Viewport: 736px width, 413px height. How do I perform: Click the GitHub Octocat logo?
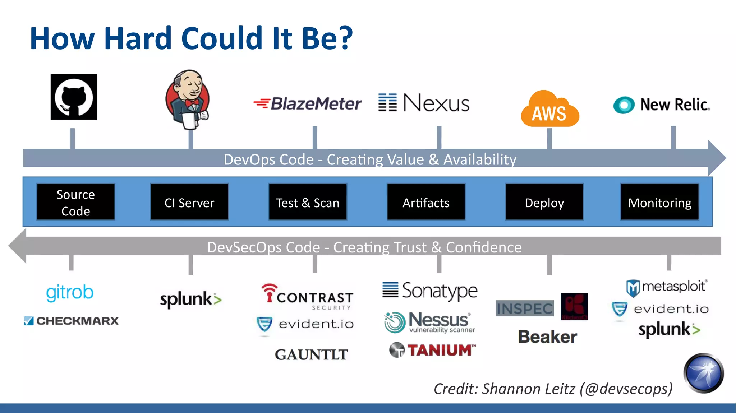tap(74, 97)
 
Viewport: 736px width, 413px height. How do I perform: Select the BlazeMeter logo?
tap(308, 104)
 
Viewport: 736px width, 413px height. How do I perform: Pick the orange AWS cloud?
tap(549, 110)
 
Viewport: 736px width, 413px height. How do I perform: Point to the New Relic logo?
tap(661, 105)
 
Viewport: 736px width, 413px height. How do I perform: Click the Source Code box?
tap(76, 202)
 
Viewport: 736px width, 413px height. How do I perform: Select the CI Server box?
tap(189, 202)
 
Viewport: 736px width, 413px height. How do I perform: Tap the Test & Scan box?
tap(308, 202)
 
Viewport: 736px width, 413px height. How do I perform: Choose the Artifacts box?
tap(426, 202)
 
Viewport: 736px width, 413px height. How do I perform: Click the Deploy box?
tap(544, 202)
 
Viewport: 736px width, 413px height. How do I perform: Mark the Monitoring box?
tap(659, 202)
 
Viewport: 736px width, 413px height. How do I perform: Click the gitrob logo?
tap(70, 292)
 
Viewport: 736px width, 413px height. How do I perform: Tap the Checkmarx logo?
tap(72, 321)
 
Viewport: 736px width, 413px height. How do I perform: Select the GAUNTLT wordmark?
tap(311, 354)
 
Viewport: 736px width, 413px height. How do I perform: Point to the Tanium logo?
tap(432, 350)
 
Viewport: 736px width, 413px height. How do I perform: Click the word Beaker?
tap(547, 337)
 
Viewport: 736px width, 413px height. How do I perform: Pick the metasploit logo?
tap(667, 287)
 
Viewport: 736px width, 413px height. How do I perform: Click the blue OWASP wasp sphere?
tap(703, 373)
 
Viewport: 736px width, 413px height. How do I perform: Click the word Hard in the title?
tap(138, 38)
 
